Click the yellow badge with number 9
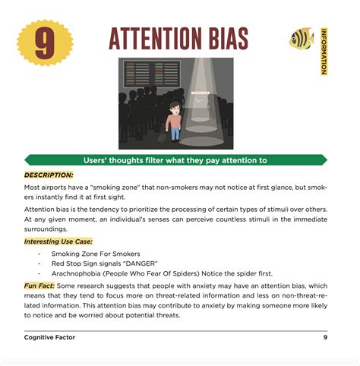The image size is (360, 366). click(45, 43)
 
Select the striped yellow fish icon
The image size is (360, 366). click(301, 39)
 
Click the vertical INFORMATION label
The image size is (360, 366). click(324, 51)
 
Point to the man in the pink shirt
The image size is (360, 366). click(175, 119)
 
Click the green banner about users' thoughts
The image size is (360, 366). click(175, 160)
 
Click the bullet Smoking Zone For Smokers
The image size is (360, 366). click(95, 253)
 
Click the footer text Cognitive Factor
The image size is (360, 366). click(55, 336)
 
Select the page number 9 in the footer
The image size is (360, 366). click(325, 336)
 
